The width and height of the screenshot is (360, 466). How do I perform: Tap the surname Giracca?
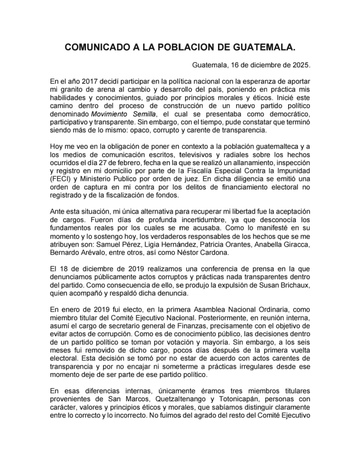[296, 245]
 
